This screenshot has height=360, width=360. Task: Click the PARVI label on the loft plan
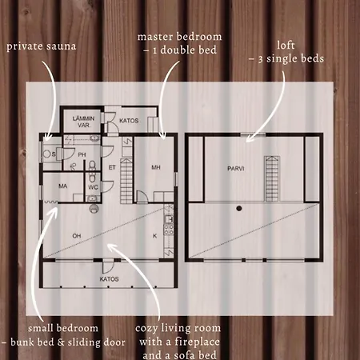tap(236, 169)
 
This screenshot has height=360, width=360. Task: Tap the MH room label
tap(156, 167)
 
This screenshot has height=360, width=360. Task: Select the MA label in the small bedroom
tap(63, 186)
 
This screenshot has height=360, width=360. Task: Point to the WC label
tap(93, 187)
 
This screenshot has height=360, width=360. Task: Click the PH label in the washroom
tap(82, 154)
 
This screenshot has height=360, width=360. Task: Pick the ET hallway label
tap(112, 167)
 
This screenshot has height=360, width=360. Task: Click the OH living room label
tap(77, 236)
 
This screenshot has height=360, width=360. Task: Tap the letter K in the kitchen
tap(155, 236)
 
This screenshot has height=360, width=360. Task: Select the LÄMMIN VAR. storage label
tap(84, 122)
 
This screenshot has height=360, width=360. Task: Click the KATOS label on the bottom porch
tap(109, 279)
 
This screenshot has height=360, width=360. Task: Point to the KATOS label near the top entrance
tap(129, 121)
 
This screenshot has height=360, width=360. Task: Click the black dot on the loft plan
tap(239, 208)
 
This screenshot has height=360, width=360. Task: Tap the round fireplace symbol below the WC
tap(94, 209)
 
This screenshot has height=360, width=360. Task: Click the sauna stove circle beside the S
tap(47, 154)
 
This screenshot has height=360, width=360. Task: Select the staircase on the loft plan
tap(272, 178)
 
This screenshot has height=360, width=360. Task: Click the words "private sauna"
tap(42, 46)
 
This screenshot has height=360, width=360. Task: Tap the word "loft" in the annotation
tap(286, 45)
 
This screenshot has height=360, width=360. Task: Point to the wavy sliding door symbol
tap(50, 202)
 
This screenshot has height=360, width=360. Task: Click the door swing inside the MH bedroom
tap(142, 196)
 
